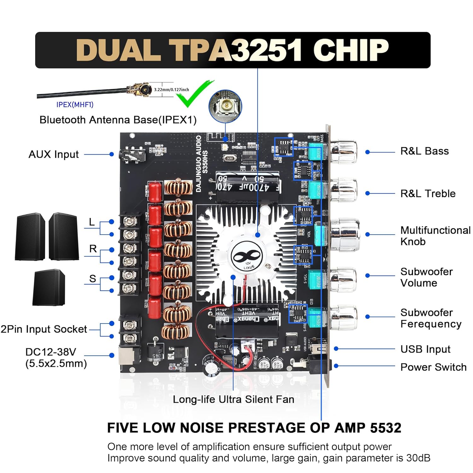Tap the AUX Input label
54,155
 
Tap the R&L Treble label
428,193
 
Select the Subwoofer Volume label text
426,277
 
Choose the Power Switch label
433,367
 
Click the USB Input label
425,349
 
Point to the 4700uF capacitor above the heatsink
248,187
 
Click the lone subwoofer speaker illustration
49,287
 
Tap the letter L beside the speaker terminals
92,222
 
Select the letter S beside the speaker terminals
92,279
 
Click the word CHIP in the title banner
351,50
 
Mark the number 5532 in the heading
385,428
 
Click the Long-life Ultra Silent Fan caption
233,399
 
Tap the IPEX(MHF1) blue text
75,105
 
